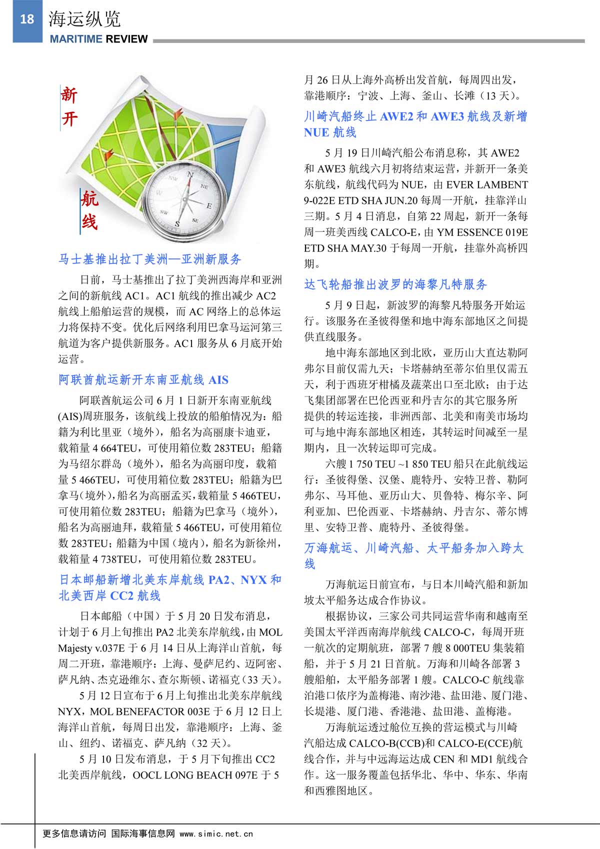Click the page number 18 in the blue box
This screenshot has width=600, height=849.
pos(26,19)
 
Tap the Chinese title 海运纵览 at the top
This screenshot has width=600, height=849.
pos(84,19)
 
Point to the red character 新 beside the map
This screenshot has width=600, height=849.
pos(69,94)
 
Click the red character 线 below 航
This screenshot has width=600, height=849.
pos(89,220)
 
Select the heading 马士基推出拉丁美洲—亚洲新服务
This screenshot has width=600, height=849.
pos(150,259)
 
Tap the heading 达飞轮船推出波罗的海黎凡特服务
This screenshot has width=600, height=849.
pos(395,284)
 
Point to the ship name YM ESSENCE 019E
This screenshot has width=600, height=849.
pos(482,232)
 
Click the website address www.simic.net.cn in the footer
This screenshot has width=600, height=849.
pos(216,833)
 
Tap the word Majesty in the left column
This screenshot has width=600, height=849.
pos(75,648)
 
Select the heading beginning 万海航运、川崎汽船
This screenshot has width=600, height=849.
pos(413,548)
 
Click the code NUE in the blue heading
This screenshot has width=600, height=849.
pos(316,132)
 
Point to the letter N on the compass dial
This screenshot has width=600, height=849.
pos(190,174)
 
